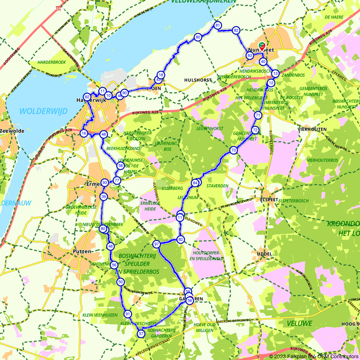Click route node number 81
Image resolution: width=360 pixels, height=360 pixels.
(217, 25)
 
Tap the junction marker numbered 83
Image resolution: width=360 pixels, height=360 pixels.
(249, 55)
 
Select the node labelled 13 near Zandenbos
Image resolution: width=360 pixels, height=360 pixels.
(275, 73)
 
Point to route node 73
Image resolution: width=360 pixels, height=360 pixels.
(234, 150)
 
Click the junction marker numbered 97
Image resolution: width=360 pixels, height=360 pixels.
(157, 244)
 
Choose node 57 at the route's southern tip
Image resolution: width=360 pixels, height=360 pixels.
(141, 334)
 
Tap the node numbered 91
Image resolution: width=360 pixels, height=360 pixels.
(128, 314)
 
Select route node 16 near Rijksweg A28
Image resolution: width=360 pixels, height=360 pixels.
(84, 133)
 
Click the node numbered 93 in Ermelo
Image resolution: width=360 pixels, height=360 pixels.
(104, 183)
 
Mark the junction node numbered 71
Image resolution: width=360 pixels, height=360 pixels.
(258, 115)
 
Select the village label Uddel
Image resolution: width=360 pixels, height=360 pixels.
(265, 254)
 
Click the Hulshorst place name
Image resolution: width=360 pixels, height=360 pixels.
(198, 80)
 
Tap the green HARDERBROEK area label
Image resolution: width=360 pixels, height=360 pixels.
(51, 62)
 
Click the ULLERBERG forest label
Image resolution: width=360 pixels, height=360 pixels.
(172, 188)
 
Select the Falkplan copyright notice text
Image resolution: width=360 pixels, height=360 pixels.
(314, 356)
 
